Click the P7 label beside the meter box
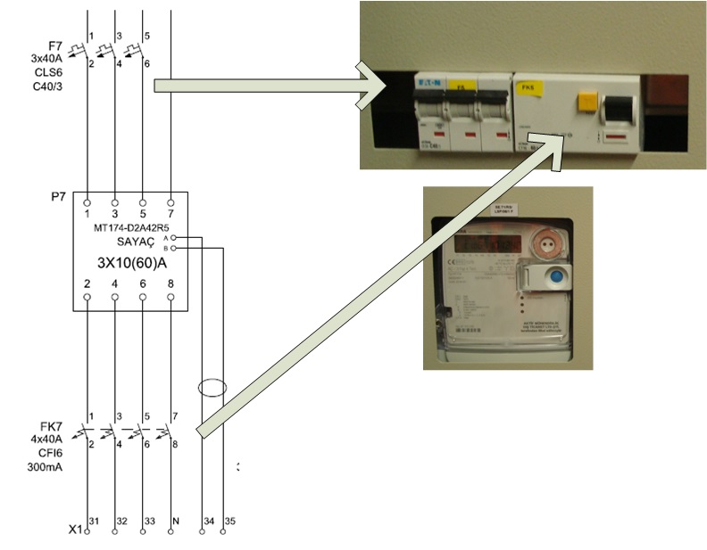point(59,193)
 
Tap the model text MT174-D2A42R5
point(130,228)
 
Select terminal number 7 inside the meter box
point(170,214)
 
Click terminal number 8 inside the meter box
point(170,284)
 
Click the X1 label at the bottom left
point(76,529)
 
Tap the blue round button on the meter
point(553,277)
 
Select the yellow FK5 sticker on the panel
point(461,87)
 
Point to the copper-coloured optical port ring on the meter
point(544,243)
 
